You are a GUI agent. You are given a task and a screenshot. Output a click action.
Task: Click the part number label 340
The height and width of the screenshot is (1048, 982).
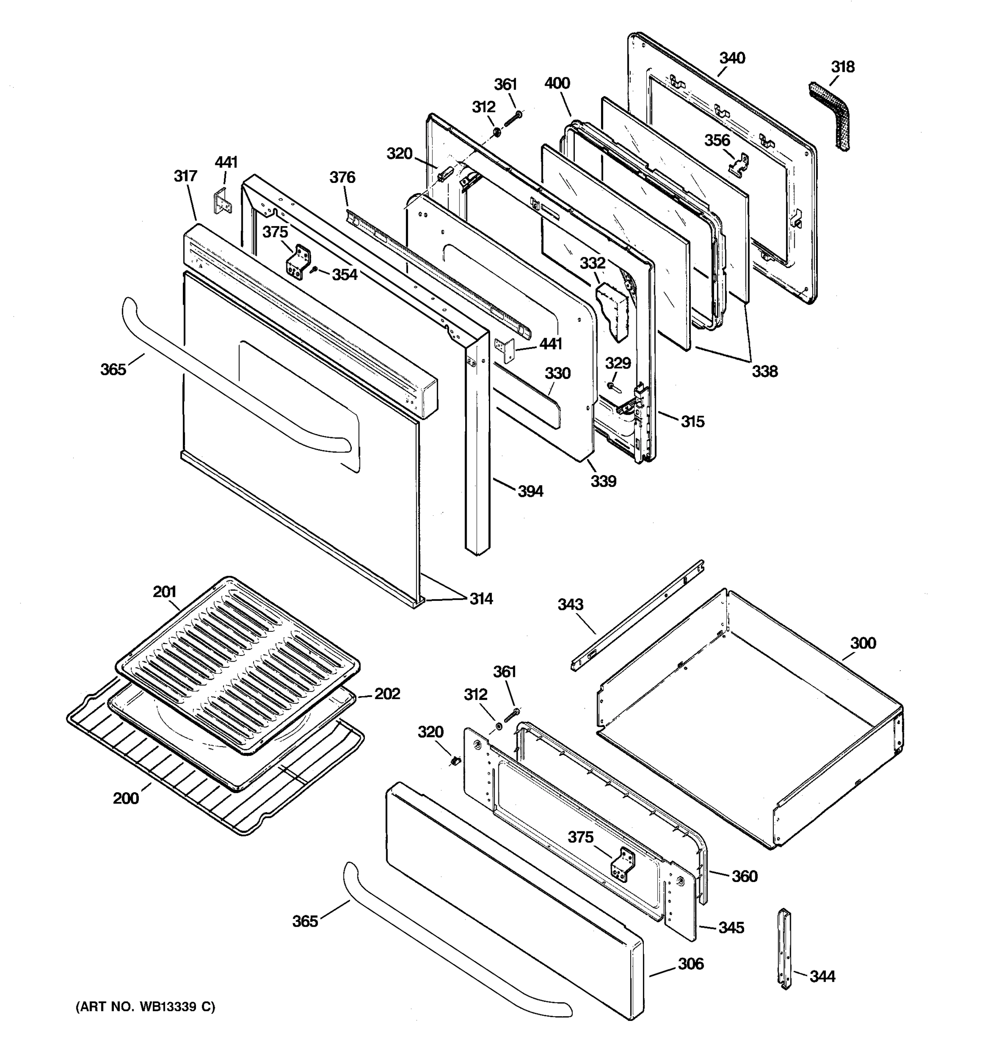732,58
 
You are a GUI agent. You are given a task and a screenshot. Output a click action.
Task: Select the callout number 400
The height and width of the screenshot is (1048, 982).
557,83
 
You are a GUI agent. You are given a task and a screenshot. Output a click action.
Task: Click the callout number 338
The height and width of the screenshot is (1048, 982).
764,371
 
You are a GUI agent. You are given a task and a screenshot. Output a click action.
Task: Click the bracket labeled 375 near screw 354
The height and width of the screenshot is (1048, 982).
299,262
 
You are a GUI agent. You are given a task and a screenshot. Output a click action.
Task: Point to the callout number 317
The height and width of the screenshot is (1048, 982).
185,176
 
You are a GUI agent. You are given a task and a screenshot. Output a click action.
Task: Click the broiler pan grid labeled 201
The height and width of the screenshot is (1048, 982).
237,664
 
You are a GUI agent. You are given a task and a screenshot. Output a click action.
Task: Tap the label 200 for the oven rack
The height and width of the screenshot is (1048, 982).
126,798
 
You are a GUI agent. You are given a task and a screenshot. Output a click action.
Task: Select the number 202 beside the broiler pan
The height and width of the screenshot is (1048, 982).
387,694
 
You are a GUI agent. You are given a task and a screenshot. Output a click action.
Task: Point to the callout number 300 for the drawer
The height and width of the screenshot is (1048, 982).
863,643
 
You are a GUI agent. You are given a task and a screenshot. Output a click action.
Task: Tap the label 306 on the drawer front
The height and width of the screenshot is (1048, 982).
690,964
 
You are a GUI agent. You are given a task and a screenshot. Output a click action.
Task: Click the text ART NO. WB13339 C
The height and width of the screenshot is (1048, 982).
146,1007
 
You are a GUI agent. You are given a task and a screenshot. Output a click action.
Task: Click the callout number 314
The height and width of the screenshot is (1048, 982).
481,599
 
